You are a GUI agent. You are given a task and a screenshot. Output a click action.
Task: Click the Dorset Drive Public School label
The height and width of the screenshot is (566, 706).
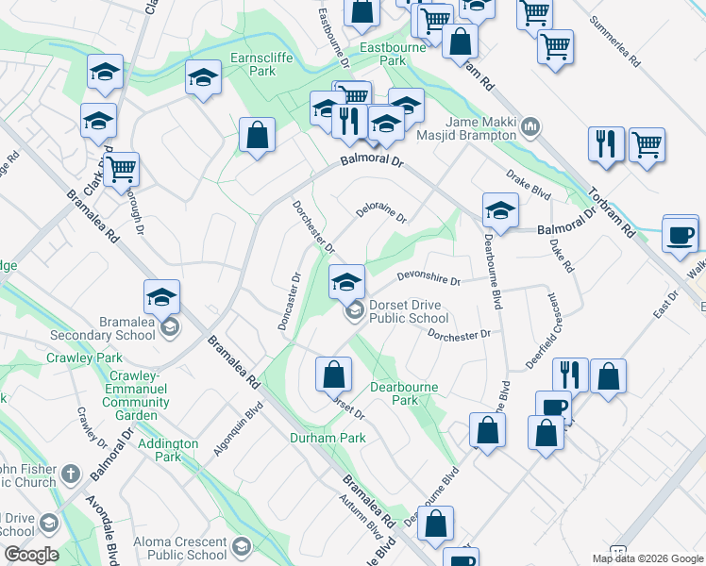click(408, 311)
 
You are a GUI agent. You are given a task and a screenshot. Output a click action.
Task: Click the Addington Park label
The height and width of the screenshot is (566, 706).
click(168, 450)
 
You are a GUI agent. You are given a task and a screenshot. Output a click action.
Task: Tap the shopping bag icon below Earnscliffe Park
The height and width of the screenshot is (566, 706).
click(257, 135)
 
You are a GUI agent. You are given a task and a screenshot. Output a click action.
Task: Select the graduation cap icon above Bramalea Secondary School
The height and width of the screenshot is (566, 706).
click(162, 297)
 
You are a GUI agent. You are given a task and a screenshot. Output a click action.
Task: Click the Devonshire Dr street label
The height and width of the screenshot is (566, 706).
click(428, 278)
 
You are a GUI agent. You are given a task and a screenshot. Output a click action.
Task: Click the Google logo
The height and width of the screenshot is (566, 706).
click(31, 555)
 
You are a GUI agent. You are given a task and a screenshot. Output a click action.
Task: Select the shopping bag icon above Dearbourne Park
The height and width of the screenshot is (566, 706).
click(333, 375)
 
